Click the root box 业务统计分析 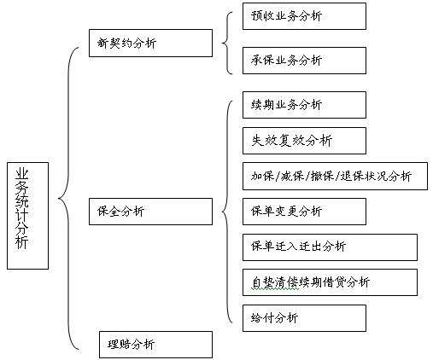coord(27,216)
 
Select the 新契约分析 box coord(150,43)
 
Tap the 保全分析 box coord(150,212)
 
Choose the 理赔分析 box coord(155,345)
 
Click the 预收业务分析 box coord(304,16)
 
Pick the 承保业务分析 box coord(304,61)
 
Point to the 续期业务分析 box coord(304,105)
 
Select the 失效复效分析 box coord(304,141)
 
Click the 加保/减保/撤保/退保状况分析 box coord(335,177)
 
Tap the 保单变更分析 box coord(304,212)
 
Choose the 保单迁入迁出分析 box coord(330,247)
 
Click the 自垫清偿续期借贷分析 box coord(330,282)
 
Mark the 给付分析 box coord(304,318)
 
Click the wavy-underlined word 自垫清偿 coord(275,282)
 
